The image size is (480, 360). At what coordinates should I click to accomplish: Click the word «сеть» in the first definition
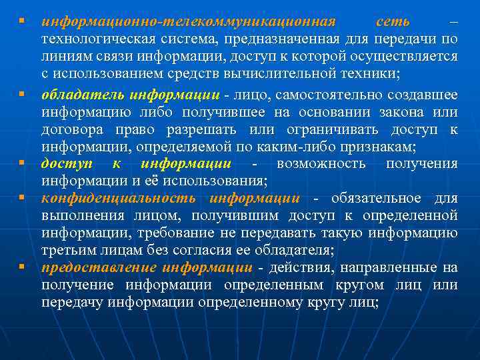[x=393, y=21]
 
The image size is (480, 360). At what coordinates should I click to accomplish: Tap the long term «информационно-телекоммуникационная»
[x=189, y=21]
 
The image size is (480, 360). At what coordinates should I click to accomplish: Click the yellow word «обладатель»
[x=83, y=93]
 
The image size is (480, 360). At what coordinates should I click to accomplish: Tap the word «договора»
[x=71, y=129]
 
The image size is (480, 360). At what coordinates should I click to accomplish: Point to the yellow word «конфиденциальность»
[x=119, y=198]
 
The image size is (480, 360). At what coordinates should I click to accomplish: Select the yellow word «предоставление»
[x=98, y=268]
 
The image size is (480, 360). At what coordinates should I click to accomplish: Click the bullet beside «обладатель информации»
[x=22, y=93]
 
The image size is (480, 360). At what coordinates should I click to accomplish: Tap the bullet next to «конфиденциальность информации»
[x=22, y=198]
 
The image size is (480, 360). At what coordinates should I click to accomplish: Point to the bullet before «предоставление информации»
[x=22, y=267]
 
